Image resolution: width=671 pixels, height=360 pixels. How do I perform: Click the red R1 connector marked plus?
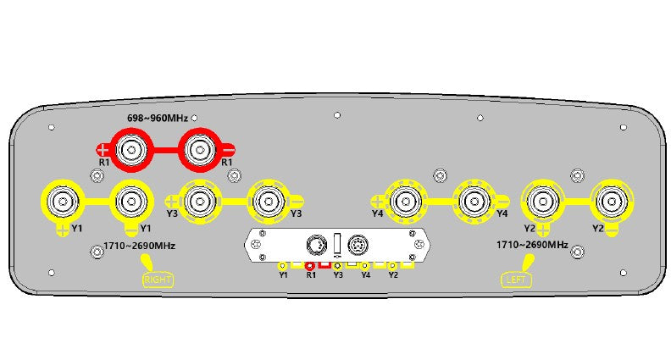(x=131, y=150)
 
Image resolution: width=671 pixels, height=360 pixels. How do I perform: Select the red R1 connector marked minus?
(x=199, y=150)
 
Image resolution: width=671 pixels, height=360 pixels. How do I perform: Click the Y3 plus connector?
(x=199, y=202)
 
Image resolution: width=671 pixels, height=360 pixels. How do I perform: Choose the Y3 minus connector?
(x=269, y=202)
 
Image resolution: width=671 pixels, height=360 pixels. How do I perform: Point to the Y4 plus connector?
(x=405, y=202)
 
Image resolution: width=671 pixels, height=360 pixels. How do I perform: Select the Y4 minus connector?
(x=474, y=202)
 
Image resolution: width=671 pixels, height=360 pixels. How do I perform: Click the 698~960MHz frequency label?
(x=158, y=118)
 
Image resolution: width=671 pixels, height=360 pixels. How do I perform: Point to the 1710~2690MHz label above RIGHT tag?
(x=140, y=246)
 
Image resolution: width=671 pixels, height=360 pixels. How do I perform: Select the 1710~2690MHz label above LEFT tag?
(x=532, y=245)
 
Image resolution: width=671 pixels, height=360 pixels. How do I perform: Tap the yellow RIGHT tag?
(x=158, y=280)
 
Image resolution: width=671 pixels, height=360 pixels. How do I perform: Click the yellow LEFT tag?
(x=516, y=280)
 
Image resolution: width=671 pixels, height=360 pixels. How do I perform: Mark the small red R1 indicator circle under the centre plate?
(x=310, y=266)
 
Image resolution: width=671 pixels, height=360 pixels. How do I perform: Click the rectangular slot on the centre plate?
(x=338, y=245)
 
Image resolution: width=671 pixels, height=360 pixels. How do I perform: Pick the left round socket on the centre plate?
(x=317, y=246)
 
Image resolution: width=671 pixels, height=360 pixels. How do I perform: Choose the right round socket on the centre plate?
(x=358, y=246)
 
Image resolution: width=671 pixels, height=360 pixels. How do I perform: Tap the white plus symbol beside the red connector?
(x=103, y=150)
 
